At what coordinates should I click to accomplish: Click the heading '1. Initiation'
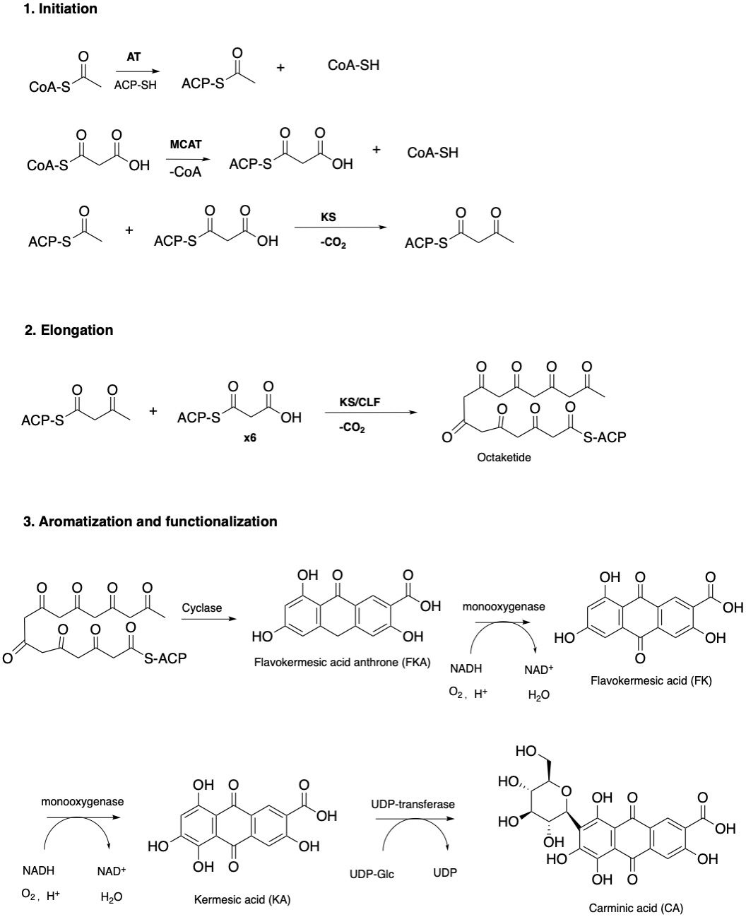tap(60, 9)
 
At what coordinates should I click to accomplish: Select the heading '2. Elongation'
tap(69, 330)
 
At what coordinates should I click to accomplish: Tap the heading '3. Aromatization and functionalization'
tap(150, 521)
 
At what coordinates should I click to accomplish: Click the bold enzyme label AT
tap(134, 58)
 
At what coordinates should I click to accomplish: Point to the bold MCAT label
tap(186, 144)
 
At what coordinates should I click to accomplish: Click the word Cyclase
tap(201, 608)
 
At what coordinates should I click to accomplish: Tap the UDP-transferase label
tap(413, 804)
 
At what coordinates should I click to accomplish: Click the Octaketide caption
tap(504, 457)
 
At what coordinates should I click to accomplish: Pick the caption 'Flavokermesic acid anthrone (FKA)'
tap(343, 663)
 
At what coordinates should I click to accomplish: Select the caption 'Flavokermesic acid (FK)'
tap(651, 680)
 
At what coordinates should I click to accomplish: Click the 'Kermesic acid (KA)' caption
tap(242, 899)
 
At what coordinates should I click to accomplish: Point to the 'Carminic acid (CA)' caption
tap(637, 908)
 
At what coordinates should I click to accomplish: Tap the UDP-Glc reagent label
tap(372, 874)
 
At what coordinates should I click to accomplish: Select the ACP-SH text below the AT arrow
tap(136, 85)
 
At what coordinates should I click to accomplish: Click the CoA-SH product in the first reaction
tap(354, 65)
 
